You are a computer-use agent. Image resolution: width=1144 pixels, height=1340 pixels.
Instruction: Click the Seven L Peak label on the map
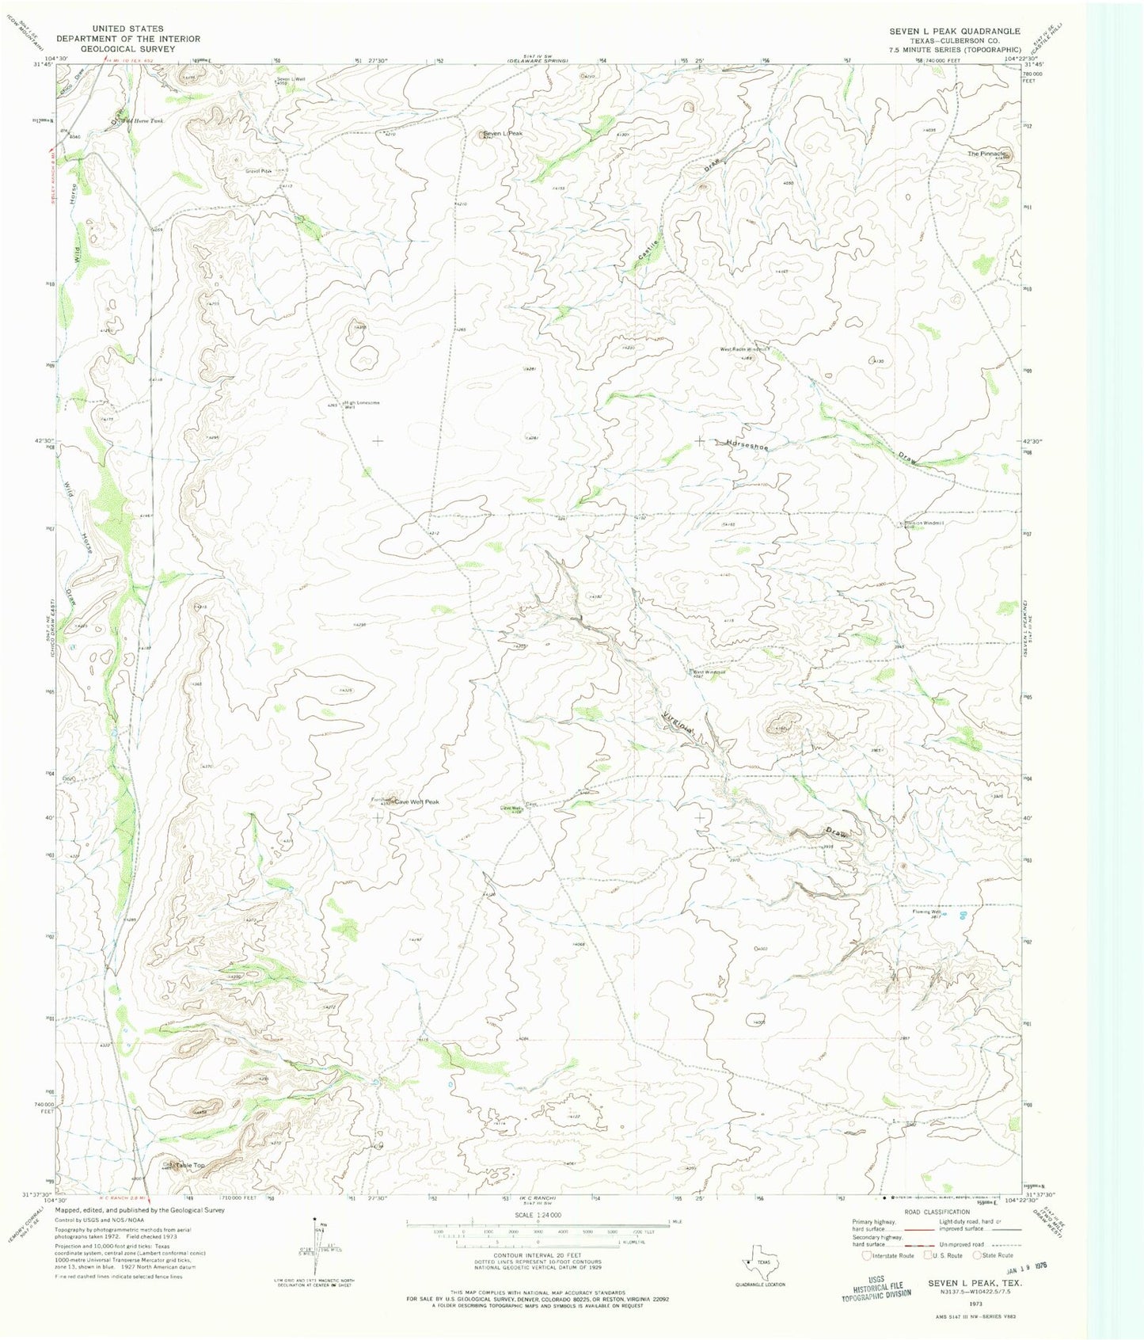point(504,134)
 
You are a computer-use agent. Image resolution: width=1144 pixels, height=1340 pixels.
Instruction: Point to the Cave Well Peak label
point(416,801)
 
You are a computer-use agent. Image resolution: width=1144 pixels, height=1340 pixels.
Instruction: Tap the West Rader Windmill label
point(743,348)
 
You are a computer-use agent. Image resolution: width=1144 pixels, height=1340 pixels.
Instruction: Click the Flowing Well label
point(924,912)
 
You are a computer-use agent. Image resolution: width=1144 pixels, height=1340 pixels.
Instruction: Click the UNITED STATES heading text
point(128,29)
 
